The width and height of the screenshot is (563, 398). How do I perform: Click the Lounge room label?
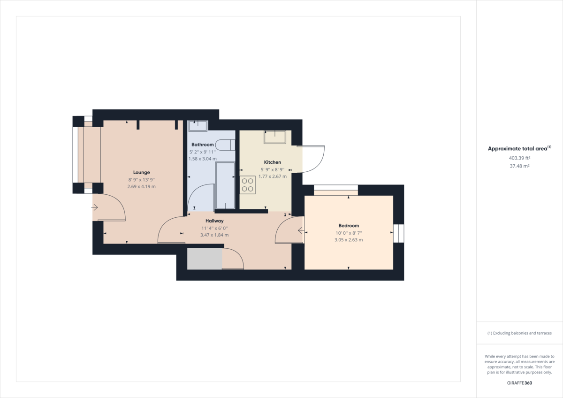[x=141, y=172]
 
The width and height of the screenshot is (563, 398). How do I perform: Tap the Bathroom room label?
[x=202, y=145]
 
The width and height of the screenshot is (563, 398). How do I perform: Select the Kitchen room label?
[x=272, y=162]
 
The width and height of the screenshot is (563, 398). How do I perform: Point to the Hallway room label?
[x=214, y=221]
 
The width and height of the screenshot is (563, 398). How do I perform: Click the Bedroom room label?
[x=349, y=225]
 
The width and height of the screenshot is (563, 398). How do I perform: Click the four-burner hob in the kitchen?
[x=247, y=184]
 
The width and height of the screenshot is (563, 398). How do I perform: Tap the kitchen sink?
[x=274, y=137]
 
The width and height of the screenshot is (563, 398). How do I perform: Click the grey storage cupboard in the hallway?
[x=205, y=259]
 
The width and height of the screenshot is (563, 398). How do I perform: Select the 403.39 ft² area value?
[x=519, y=158]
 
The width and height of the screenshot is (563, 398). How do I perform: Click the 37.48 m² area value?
[x=519, y=166]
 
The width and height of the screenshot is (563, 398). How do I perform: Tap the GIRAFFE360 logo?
[x=519, y=383]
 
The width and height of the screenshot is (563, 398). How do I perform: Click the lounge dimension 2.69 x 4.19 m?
[x=141, y=186]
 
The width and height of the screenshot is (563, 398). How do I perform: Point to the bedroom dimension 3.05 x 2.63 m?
[x=349, y=239]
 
